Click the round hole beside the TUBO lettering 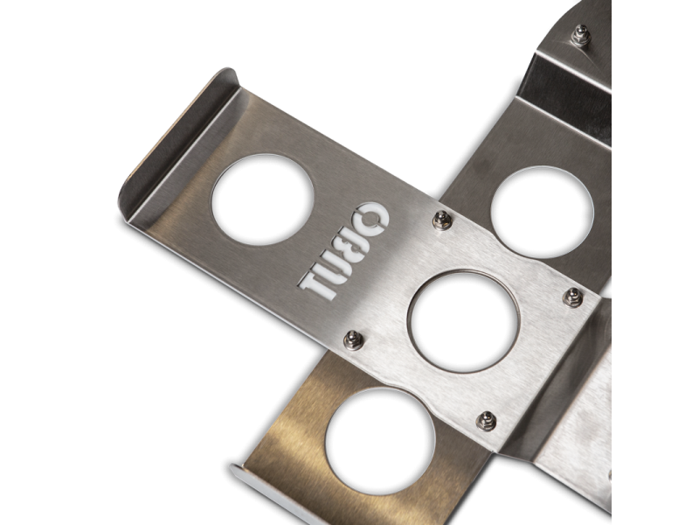[263, 199]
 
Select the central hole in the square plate [464, 321]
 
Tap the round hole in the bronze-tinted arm [380, 441]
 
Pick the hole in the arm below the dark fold [543, 212]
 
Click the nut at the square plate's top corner [442, 220]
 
